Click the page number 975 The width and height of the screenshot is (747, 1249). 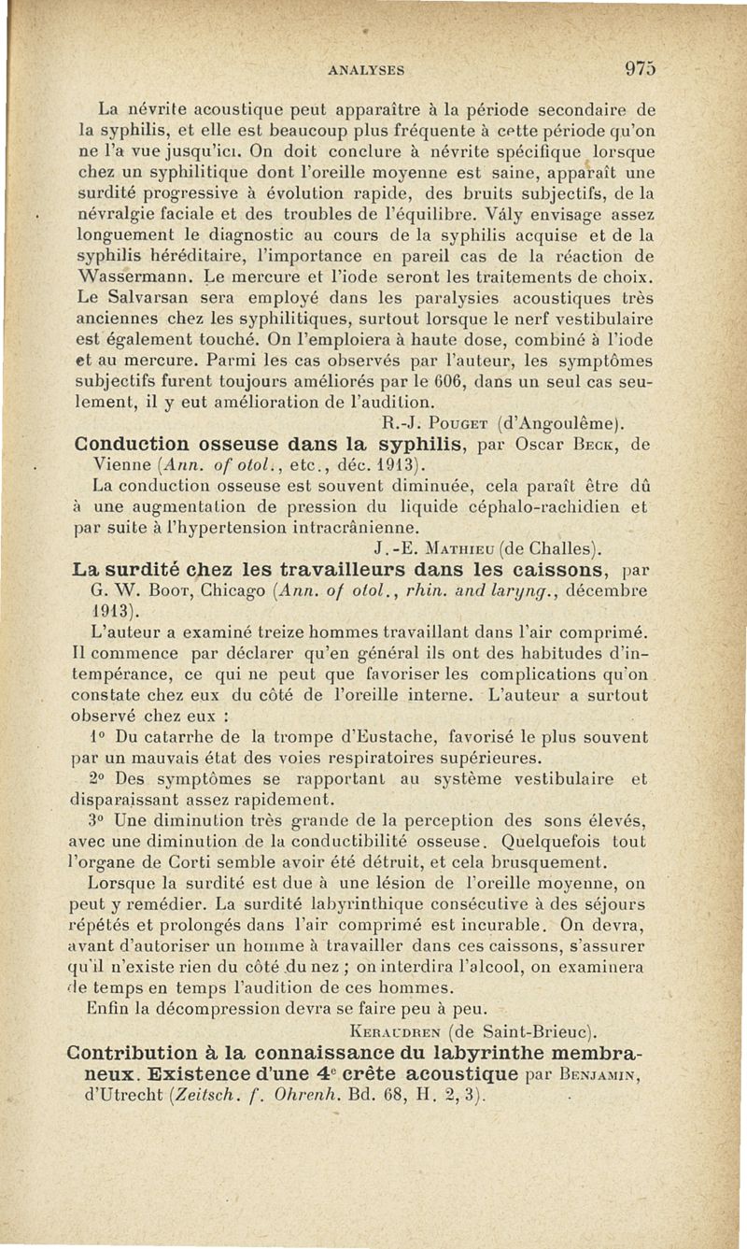coord(641,68)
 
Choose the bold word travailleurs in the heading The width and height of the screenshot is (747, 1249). coord(288,568)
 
